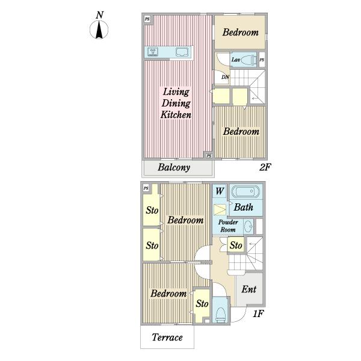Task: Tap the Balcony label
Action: [174, 167]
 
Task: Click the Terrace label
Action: [167, 337]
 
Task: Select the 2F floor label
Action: [265, 167]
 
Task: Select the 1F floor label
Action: [258, 313]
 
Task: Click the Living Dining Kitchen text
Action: [176, 103]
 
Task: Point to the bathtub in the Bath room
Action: [245, 191]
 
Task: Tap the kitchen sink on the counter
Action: [182, 52]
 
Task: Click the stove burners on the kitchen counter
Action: [152, 52]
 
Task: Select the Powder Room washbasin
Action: [248, 226]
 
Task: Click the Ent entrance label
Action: [249, 289]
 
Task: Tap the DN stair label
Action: [225, 77]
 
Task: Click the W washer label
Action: [220, 191]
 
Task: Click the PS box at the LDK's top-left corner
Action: [147, 19]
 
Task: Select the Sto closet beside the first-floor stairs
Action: [236, 245]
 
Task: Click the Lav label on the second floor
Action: [236, 60]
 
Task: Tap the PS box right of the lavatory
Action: [262, 60]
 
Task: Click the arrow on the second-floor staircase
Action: [255, 98]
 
